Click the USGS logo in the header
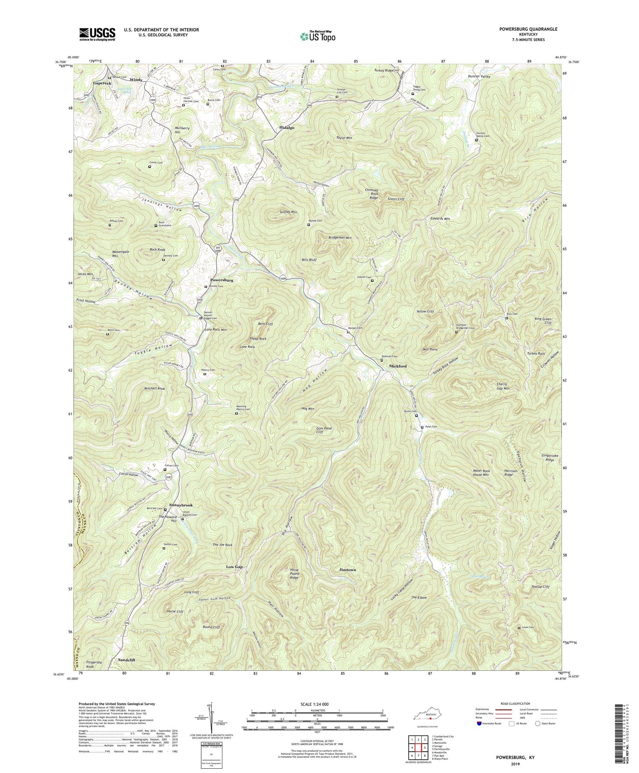pyautogui.click(x=97, y=34)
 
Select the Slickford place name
pyautogui.click(x=397, y=366)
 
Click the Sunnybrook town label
pyautogui.click(x=181, y=505)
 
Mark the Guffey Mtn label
pyautogui.click(x=288, y=212)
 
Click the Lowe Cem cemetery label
pyautogui.click(x=528, y=628)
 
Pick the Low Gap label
pyautogui.click(x=234, y=567)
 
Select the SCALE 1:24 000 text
pyautogui.click(x=317, y=704)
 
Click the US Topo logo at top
pyautogui.click(x=317, y=36)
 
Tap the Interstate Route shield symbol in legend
pyautogui.click(x=480, y=724)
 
